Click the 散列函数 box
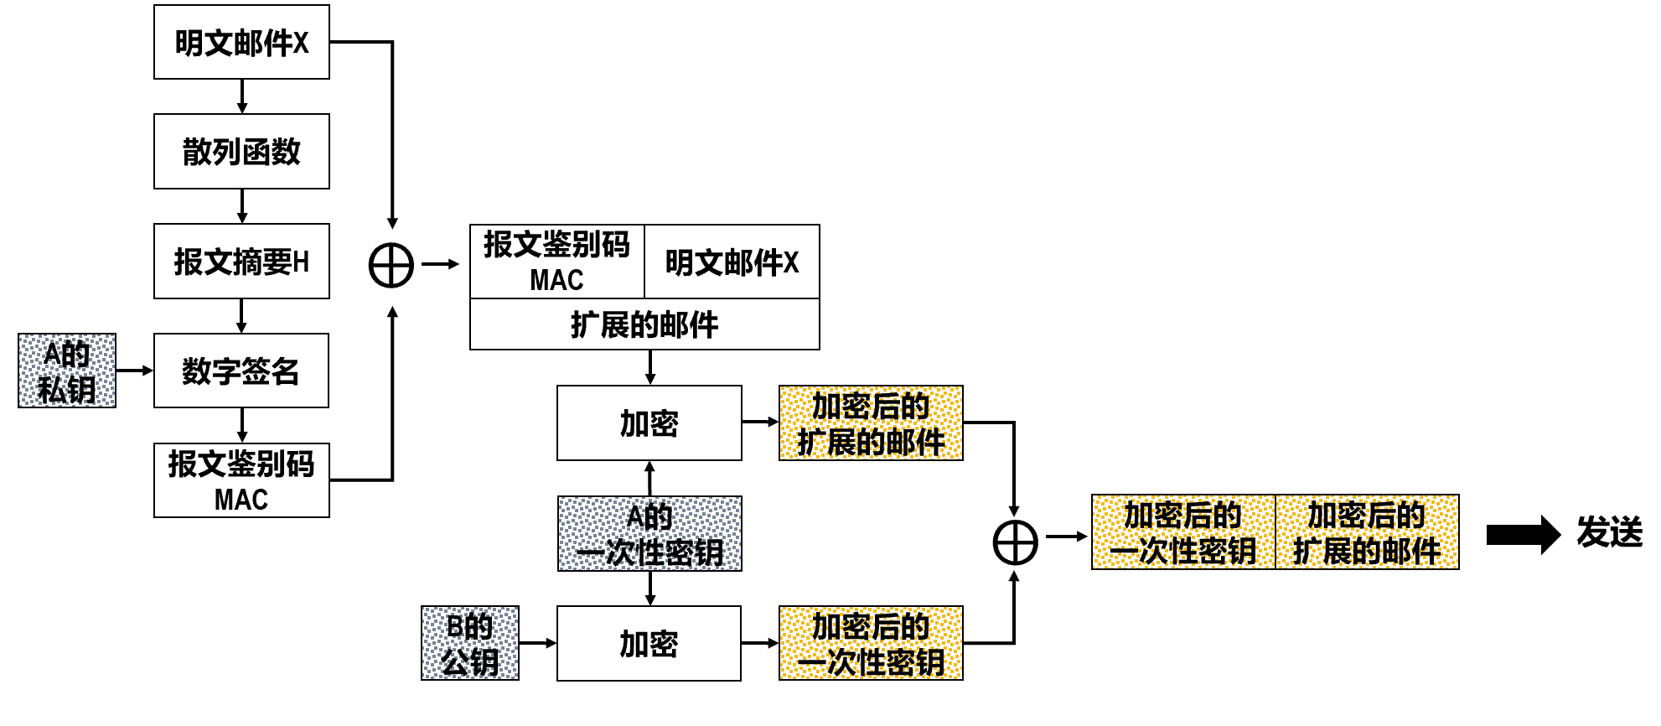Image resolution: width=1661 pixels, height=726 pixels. coord(241,152)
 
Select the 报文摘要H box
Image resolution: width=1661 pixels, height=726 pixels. coord(241,262)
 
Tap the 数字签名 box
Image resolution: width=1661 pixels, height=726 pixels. coord(241,371)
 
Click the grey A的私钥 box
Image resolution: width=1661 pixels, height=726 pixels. coord(67,371)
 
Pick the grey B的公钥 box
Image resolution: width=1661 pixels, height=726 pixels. coord(470,643)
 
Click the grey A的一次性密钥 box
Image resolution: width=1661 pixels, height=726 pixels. coord(649,534)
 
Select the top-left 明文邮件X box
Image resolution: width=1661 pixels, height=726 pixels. coord(241,42)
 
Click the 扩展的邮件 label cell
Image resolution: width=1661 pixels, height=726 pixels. coord(644,324)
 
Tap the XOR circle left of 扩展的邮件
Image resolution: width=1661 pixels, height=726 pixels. coord(391,265)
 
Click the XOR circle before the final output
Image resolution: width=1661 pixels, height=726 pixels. coord(1015,542)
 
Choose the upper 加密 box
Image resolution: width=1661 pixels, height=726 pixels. coord(649,423)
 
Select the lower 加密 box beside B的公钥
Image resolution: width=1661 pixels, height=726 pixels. coord(649,643)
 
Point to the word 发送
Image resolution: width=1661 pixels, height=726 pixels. coord(1609,532)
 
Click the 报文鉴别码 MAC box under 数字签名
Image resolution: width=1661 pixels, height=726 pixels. coord(241,480)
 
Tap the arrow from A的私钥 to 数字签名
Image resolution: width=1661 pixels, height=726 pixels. coord(134,371)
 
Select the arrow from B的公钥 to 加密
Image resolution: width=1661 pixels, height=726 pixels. coord(537,643)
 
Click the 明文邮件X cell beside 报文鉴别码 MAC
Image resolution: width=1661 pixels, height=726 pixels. coord(732,262)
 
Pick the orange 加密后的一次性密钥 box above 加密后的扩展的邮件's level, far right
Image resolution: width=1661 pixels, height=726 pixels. coord(1183,532)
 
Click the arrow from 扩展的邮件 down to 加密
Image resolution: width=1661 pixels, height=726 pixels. coord(650,367)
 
